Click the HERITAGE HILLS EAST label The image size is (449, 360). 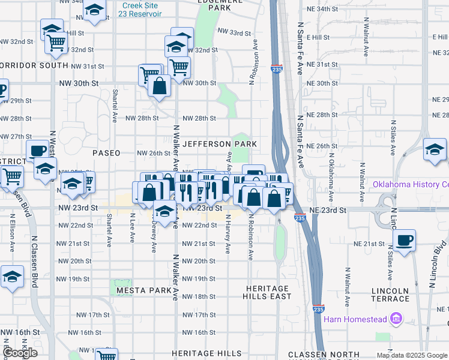pos(267,292)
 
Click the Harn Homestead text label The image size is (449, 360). pos(355,319)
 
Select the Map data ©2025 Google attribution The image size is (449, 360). pos(412,355)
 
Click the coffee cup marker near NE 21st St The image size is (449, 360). pos(405,239)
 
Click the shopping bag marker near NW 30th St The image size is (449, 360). pos(160,85)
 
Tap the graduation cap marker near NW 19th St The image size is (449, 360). pos(12,277)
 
